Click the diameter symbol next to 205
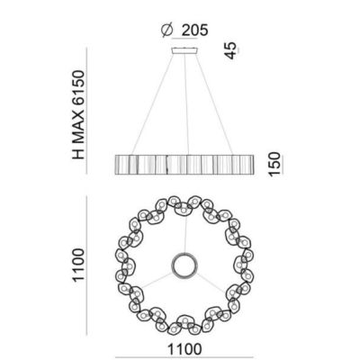[x=166, y=31]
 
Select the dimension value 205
[x=194, y=31]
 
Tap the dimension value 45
[x=230, y=50]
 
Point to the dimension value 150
[x=274, y=165]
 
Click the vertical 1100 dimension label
[x=78, y=265]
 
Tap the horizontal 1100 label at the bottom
[x=184, y=349]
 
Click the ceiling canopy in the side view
[x=184, y=51]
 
